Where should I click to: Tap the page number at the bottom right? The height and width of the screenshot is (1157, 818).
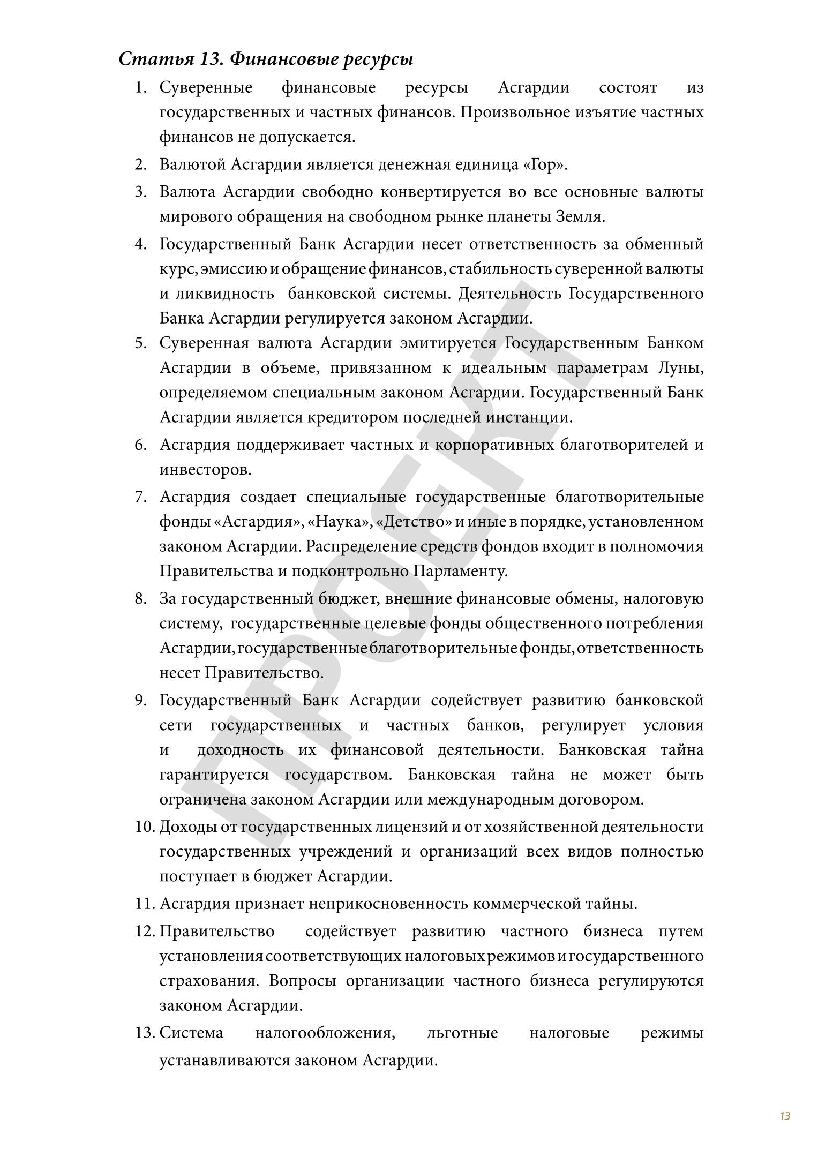tap(785, 1116)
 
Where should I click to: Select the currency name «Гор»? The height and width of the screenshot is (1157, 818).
tap(545, 165)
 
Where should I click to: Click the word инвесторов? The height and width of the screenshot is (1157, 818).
tap(205, 470)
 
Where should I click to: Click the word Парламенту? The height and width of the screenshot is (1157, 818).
tap(460, 572)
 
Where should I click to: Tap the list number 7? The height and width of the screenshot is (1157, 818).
tap(141, 497)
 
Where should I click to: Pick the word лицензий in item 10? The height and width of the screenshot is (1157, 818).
tap(410, 827)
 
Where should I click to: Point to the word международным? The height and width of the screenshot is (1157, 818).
tap(490, 800)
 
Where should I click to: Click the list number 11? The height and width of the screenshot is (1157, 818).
tap(145, 904)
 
